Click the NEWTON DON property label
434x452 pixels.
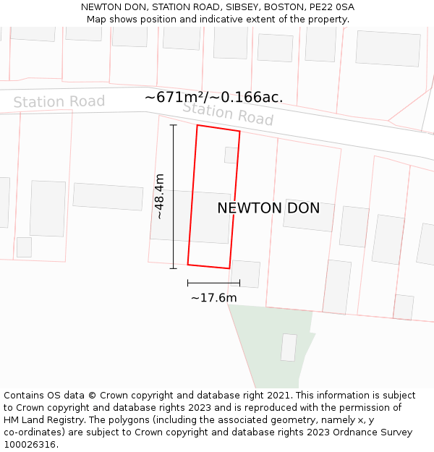click(268, 208)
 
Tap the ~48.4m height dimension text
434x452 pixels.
click(159, 196)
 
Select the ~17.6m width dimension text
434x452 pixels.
click(213, 298)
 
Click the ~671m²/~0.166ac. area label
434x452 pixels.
click(213, 97)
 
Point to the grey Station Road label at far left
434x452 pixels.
click(59, 102)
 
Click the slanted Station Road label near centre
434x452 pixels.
click(228, 113)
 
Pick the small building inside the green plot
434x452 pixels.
click(289, 348)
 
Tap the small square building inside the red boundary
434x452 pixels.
click(231, 155)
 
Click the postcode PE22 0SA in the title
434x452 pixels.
click(330, 7)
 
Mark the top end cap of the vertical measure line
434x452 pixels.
click(174, 125)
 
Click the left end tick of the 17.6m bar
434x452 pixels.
click(188, 283)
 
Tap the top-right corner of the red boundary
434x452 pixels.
click(239, 132)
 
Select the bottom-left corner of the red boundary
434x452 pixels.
click(188, 264)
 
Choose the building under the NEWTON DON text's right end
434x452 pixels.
click(309, 215)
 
